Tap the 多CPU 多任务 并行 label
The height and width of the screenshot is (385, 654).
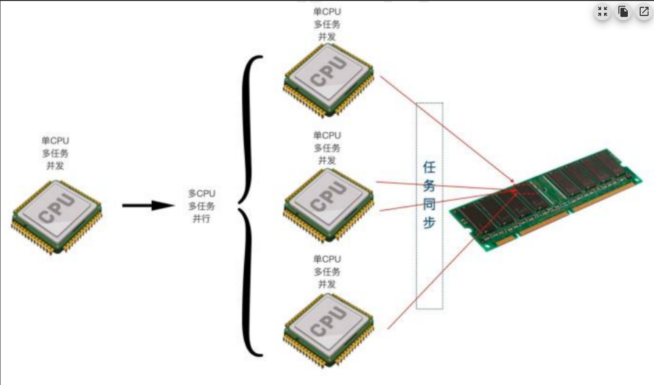[x=202, y=206]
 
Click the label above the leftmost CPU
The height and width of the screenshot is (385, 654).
[x=55, y=153]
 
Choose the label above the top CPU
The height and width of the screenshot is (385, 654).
[x=327, y=24]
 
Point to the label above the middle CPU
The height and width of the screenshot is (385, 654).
[x=327, y=147]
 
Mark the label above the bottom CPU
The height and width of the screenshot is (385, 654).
[x=327, y=271]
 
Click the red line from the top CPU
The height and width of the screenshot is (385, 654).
[x=445, y=128]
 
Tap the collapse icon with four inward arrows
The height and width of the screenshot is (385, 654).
[x=603, y=12]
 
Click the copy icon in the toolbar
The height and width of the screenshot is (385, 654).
[x=623, y=12]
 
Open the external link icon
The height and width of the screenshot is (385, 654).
[x=644, y=12]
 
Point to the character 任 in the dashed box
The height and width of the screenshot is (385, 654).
[x=429, y=167]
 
